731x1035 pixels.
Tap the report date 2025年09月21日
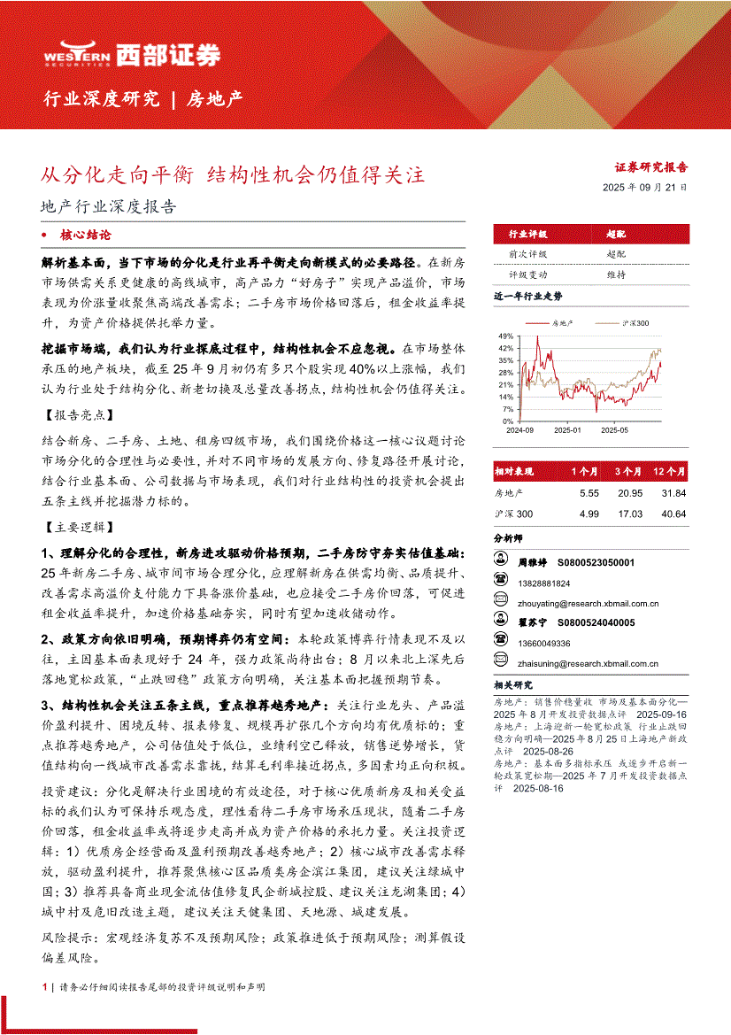(x=644, y=188)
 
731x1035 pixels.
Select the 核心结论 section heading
(x=86, y=236)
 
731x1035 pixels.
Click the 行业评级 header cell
(x=527, y=235)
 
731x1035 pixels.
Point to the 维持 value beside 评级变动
(x=616, y=274)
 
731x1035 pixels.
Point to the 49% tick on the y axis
(x=505, y=336)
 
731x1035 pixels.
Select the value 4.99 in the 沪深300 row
(x=589, y=514)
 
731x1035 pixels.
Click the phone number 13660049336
(x=544, y=643)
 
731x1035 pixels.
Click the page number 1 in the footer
(x=44, y=985)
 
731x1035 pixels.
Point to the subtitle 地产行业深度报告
(x=109, y=207)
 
